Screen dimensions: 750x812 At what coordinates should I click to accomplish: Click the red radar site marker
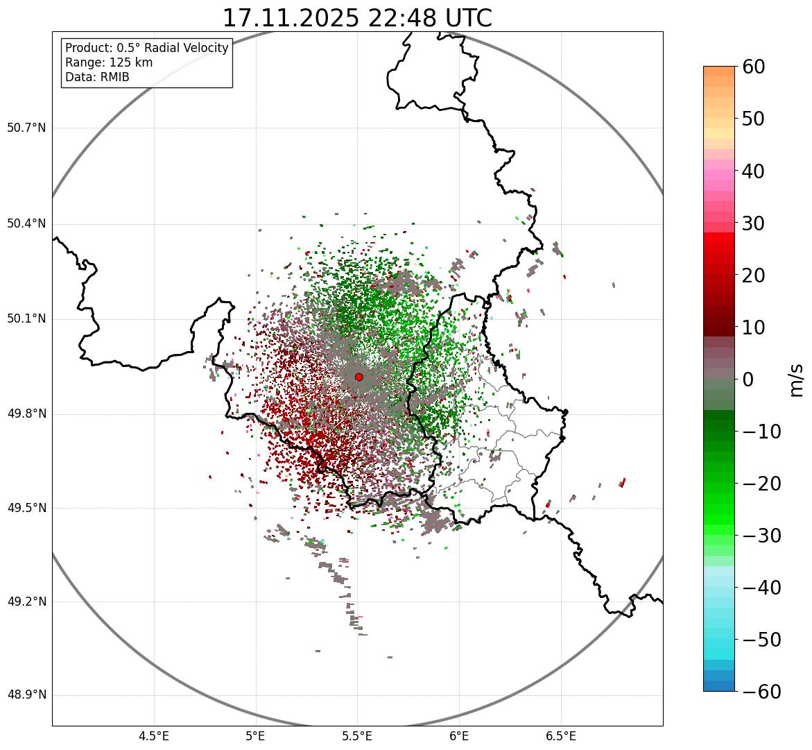[x=359, y=377]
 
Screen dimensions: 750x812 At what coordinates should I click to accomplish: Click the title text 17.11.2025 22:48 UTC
[x=357, y=17]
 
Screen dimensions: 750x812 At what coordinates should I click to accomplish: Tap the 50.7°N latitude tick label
[x=26, y=128]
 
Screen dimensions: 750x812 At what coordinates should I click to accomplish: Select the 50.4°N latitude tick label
[x=26, y=224]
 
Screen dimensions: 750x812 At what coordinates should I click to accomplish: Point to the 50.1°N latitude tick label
[x=26, y=319]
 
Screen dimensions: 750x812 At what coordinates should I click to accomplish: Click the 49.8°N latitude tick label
[x=26, y=414]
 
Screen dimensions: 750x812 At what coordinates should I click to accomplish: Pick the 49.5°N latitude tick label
[x=26, y=508]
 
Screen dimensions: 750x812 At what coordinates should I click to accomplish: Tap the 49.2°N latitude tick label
[x=26, y=602]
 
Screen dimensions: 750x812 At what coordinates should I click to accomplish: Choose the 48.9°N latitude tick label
[x=26, y=695]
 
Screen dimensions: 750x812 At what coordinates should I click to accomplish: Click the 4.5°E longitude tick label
[x=154, y=736]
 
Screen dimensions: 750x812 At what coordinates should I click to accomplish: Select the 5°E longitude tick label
[x=256, y=736]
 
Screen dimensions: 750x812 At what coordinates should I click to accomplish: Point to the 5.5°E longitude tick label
[x=357, y=736]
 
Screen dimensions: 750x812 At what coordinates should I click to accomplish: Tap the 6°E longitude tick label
[x=459, y=736]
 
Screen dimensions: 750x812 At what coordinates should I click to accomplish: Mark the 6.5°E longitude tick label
[x=560, y=736]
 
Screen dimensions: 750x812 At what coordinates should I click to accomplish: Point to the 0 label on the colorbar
[x=748, y=380]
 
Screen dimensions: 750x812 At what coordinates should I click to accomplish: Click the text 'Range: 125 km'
[x=109, y=62]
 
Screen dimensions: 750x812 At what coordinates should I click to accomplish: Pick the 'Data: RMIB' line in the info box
[x=97, y=77]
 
